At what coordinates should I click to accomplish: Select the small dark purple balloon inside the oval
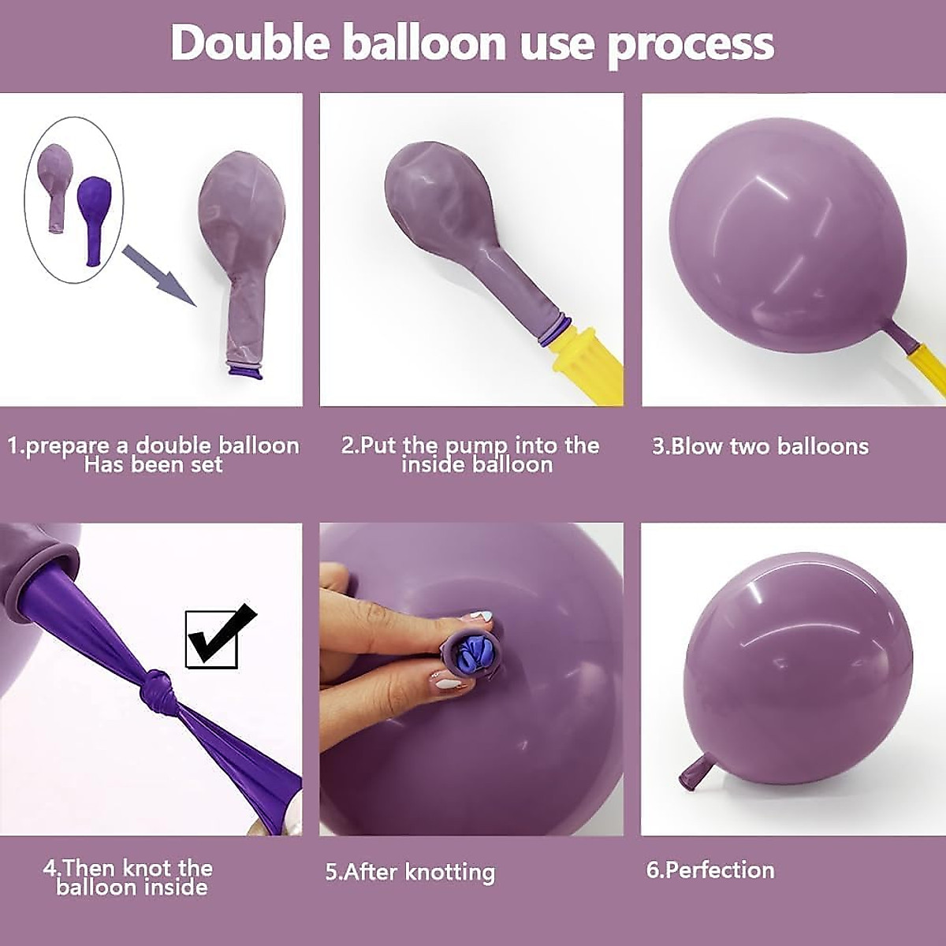(93, 217)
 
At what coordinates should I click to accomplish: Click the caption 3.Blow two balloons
(760, 447)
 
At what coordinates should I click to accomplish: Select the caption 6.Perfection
(710, 870)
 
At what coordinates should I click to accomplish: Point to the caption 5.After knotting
(410, 872)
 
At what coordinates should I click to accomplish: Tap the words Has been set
(154, 465)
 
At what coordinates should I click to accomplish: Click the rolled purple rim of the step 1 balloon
(245, 369)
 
